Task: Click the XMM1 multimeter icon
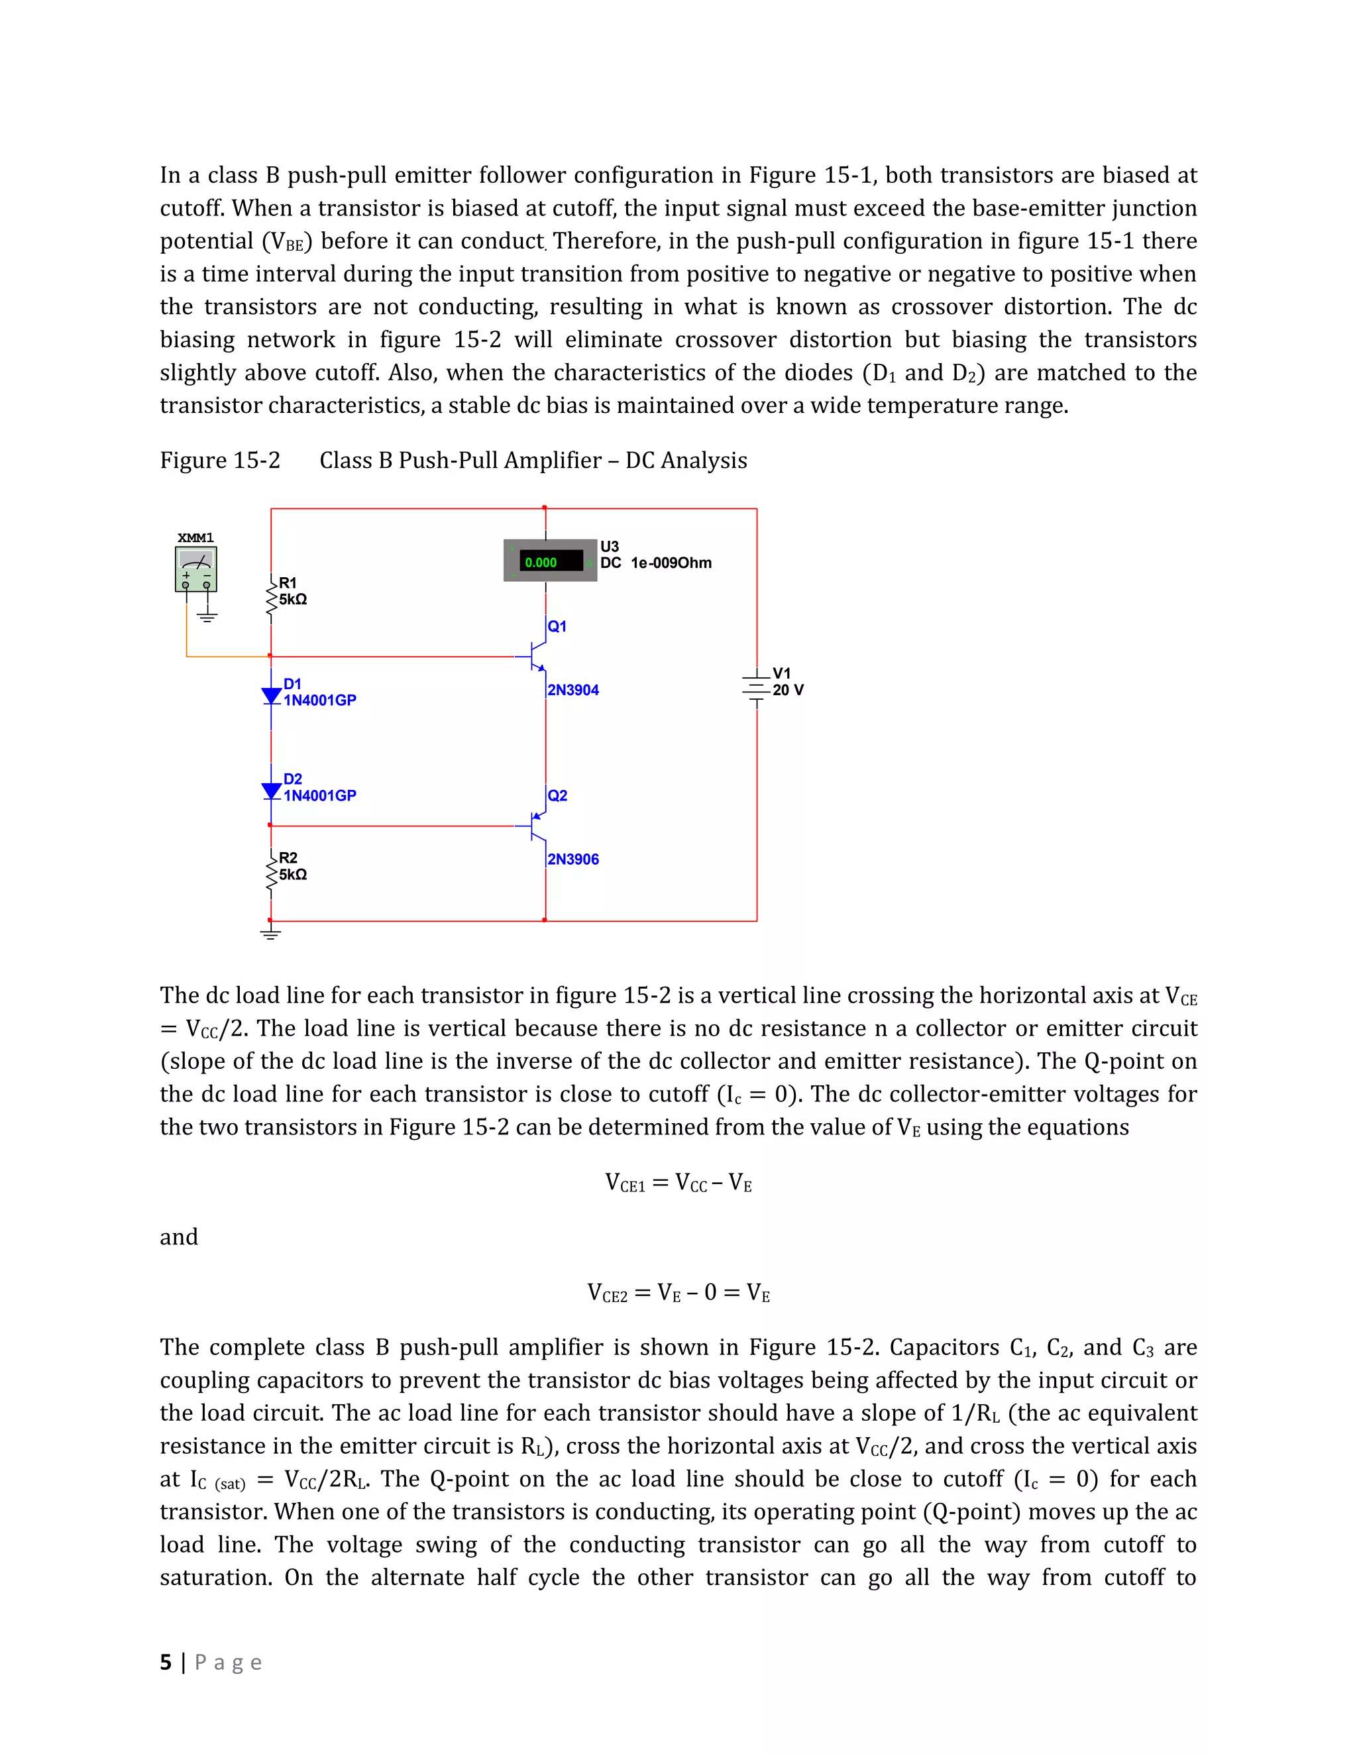(x=195, y=569)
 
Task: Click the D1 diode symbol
(x=272, y=696)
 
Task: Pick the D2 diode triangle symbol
(x=272, y=791)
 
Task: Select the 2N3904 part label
(x=572, y=690)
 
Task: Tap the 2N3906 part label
(x=572, y=859)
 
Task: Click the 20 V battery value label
(x=788, y=690)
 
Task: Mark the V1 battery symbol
(x=755, y=686)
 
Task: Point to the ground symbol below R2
(x=271, y=934)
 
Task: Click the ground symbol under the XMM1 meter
(x=207, y=617)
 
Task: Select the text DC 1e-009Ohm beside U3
(x=655, y=563)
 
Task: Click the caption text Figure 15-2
(x=219, y=461)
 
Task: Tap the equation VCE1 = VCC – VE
(x=678, y=1183)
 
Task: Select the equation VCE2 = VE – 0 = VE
(x=678, y=1293)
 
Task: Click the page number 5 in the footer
(x=166, y=1662)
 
